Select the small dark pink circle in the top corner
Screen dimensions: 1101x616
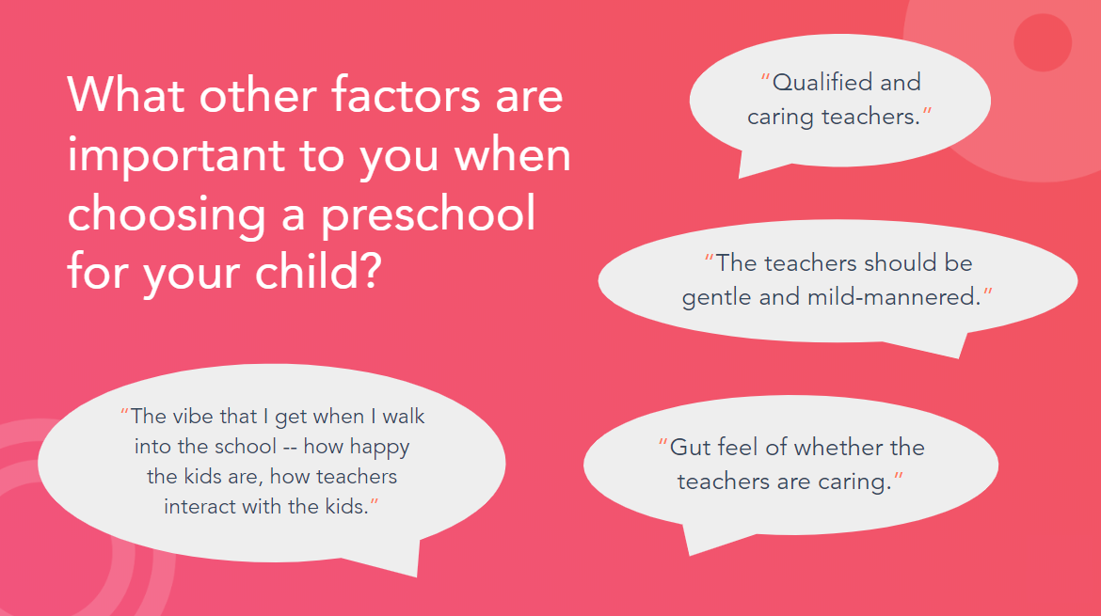coord(1043,42)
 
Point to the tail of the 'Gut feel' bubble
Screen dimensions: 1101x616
coord(690,552)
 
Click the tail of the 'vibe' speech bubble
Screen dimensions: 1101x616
coord(416,574)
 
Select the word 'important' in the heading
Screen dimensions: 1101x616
coord(176,156)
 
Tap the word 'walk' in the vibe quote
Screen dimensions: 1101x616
coord(404,416)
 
